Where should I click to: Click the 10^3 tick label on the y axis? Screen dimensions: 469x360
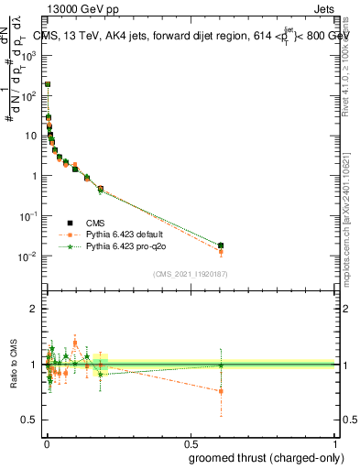(29, 55)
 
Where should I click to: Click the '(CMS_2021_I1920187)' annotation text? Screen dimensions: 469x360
(190, 273)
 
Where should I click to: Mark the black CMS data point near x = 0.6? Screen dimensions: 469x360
(221, 245)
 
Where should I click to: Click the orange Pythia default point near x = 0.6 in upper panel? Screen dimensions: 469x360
(221, 251)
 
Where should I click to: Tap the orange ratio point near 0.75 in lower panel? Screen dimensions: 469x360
(221, 391)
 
